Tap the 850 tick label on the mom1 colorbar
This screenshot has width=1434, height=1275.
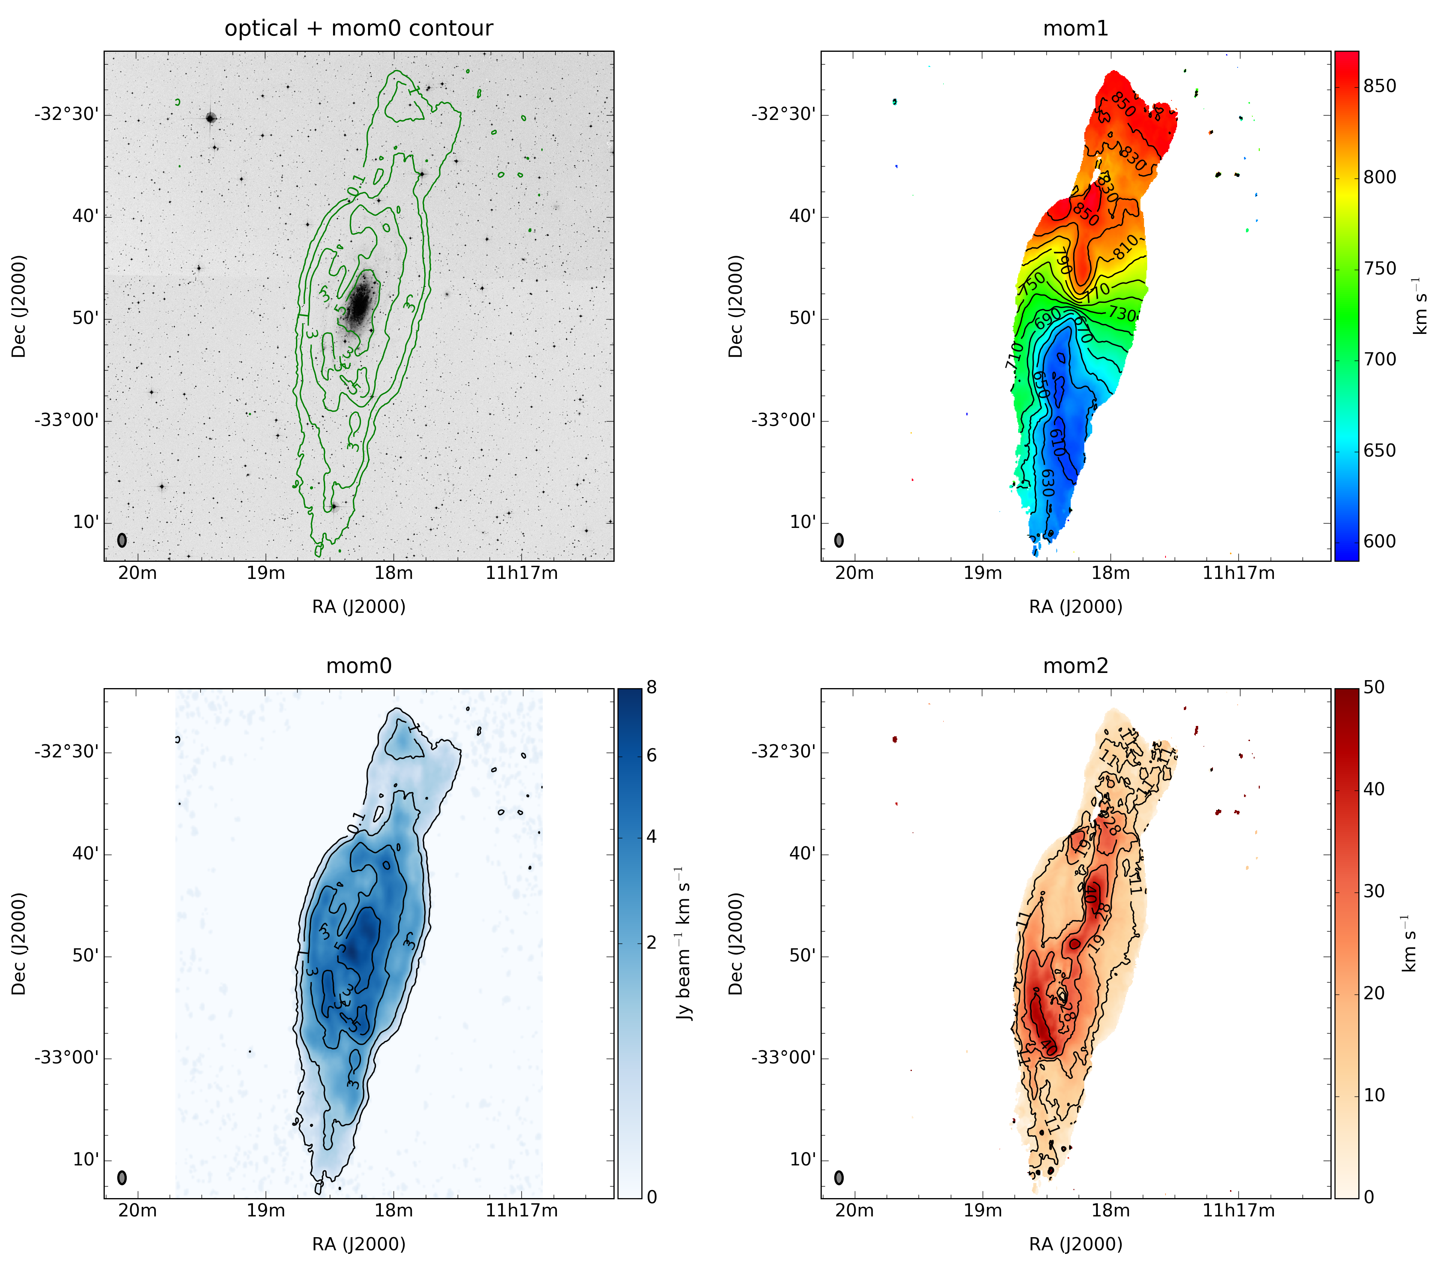click(1379, 86)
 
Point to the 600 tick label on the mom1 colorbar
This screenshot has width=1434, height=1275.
click(1379, 541)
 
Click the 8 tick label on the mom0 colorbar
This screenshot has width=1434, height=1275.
click(652, 688)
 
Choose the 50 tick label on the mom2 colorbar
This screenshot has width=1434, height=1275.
click(1374, 688)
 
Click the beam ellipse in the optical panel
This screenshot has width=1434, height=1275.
click(122, 540)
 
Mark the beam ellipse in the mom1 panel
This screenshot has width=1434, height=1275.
click(839, 540)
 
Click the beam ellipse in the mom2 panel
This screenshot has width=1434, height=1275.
click(839, 1177)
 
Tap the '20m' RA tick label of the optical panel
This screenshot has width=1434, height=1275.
click(137, 573)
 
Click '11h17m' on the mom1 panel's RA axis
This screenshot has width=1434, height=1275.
click(1238, 573)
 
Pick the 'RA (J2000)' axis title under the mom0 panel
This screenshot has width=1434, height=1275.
click(358, 1244)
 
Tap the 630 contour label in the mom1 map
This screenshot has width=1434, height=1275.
click(1048, 483)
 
